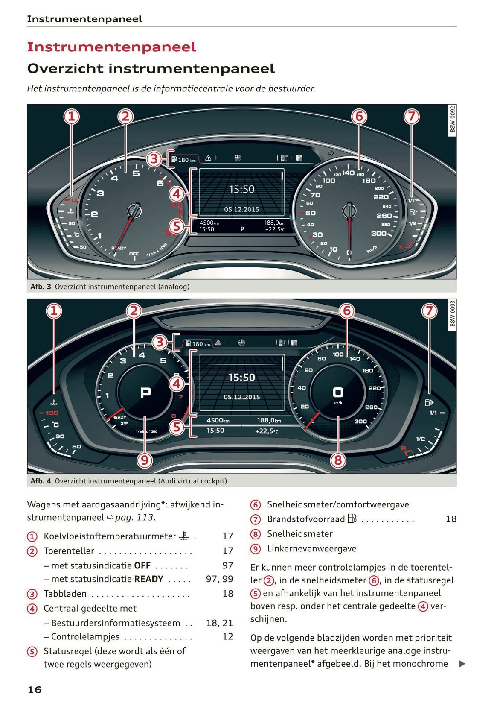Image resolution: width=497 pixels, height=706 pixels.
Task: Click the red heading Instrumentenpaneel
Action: (x=111, y=47)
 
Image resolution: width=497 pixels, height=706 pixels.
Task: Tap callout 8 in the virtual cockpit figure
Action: (x=338, y=460)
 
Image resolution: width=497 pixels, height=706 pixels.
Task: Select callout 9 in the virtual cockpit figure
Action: (x=145, y=460)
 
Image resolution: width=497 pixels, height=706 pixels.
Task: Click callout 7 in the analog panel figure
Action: (x=412, y=116)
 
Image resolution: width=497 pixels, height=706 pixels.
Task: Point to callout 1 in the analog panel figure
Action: (x=72, y=116)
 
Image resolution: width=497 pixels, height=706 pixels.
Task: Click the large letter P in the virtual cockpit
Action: (x=145, y=392)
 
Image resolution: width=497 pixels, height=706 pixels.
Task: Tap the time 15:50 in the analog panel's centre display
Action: (x=241, y=189)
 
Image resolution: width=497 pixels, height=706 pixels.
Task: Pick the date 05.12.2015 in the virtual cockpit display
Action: (x=241, y=397)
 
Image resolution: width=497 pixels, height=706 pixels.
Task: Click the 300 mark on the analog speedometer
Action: (x=378, y=233)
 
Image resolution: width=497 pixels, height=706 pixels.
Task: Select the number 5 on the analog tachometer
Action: (x=136, y=173)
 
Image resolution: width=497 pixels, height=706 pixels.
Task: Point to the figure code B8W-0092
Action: (x=453, y=120)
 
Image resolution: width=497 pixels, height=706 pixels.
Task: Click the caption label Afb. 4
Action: (x=41, y=481)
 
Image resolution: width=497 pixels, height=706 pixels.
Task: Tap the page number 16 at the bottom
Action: (x=35, y=689)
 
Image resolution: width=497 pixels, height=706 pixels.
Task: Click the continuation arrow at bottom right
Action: (x=462, y=664)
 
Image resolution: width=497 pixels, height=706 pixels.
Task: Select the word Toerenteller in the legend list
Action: (x=69, y=551)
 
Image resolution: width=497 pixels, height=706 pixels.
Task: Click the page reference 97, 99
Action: (x=219, y=579)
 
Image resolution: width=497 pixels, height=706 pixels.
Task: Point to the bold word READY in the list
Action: (x=148, y=579)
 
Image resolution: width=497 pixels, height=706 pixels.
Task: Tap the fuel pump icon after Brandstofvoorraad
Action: (x=352, y=519)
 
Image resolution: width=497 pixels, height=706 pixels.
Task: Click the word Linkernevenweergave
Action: (x=311, y=548)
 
